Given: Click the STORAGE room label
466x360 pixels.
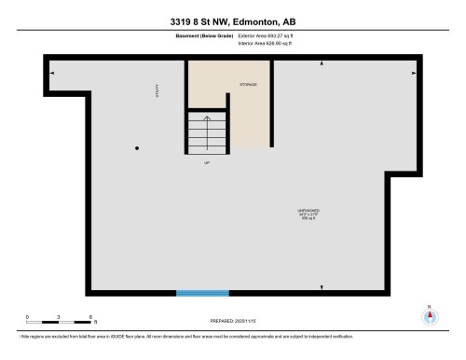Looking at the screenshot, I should point(247,85).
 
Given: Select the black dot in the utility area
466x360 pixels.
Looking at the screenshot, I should point(138,148).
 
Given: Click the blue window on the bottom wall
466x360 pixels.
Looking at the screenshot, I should point(202,293).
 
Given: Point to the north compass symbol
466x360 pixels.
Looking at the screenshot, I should point(429,314).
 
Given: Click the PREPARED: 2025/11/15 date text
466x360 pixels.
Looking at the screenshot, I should point(233,320).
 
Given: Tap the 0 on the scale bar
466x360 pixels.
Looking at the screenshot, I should point(27,318).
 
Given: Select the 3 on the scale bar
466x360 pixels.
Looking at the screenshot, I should point(59,318).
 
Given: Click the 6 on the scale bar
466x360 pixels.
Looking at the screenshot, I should point(89,318).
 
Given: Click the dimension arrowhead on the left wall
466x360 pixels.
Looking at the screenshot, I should point(52,73).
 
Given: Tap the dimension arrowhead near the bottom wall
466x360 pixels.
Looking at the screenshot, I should point(322,286).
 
